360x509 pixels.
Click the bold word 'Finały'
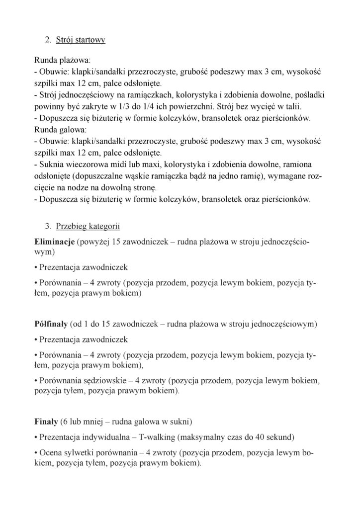tap(46, 423)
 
